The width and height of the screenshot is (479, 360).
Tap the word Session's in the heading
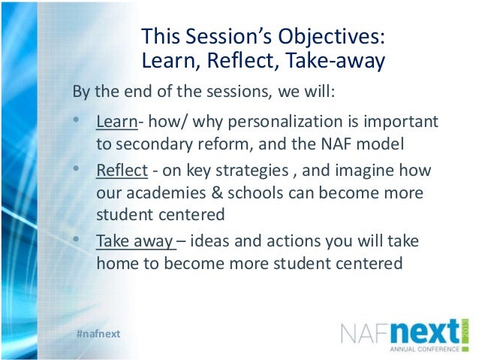pyautogui.click(x=228, y=37)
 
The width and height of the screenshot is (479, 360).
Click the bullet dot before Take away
pyautogui.click(x=78, y=240)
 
